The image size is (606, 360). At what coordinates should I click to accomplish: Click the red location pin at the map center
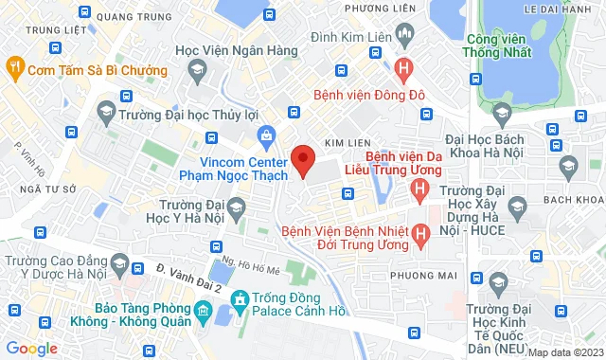[302, 160]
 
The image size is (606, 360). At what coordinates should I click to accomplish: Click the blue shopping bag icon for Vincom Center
[268, 139]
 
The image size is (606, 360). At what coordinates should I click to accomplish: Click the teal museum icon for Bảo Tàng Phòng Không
[202, 311]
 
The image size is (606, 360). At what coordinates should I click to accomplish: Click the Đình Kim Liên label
[354, 39]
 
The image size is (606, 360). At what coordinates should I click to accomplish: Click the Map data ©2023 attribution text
[565, 353]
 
